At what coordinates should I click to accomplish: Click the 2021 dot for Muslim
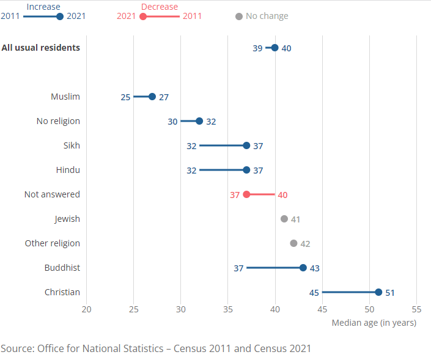click(152, 97)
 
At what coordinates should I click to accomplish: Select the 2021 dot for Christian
click(378, 292)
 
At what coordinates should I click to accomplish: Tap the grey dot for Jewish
click(284, 219)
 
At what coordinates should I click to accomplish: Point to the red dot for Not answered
click(246, 194)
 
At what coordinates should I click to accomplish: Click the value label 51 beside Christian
click(390, 293)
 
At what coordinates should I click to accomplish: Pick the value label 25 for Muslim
click(125, 97)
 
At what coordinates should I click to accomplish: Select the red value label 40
click(282, 195)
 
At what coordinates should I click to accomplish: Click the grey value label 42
click(305, 244)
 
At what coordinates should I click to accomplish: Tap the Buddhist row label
click(62, 268)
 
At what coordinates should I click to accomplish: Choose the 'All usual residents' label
click(41, 48)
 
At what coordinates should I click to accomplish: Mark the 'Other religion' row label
click(53, 243)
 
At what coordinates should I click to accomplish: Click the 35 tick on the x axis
click(228, 309)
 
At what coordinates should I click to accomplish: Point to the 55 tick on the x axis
click(417, 309)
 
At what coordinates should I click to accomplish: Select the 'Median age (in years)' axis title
click(374, 323)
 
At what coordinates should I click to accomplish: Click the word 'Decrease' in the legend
click(160, 7)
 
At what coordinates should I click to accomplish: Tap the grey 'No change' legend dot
click(239, 16)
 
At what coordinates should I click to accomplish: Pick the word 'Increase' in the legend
click(43, 7)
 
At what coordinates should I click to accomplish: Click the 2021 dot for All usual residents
click(274, 48)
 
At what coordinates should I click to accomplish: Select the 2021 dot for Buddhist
click(303, 268)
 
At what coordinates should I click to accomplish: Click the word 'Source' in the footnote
click(17, 349)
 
